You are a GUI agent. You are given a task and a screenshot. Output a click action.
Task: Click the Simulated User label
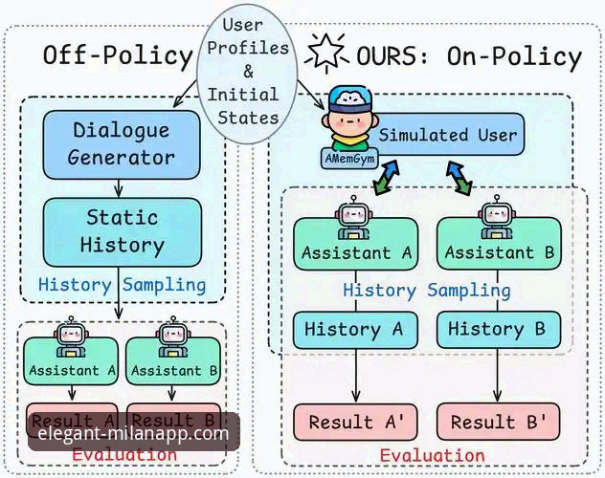(x=446, y=135)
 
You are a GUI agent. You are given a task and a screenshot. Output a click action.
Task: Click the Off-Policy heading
(x=118, y=55)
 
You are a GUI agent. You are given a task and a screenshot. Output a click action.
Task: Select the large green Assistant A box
(x=356, y=247)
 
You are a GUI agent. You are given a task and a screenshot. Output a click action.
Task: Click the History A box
(x=356, y=329)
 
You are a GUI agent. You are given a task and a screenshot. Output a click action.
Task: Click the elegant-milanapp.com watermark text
(x=133, y=433)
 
